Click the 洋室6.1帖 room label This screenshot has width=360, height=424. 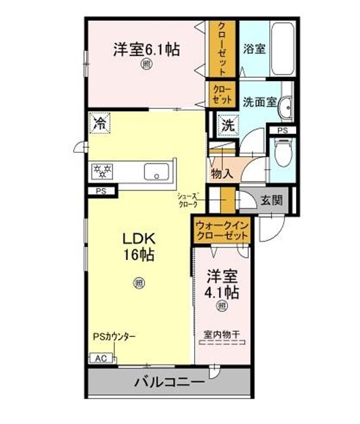point(146,50)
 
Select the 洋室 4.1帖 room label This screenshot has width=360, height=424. point(222,284)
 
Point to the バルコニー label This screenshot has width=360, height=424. point(170,382)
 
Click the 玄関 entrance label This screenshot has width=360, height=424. point(272,201)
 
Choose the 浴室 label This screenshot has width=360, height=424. point(254,49)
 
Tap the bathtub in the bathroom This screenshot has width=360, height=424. point(282,49)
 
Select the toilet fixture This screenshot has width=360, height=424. point(283,153)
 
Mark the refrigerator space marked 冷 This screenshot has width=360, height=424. point(99,123)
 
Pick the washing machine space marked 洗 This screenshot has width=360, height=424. point(228,125)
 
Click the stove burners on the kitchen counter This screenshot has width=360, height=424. point(102,171)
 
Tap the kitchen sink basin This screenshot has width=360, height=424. point(157,172)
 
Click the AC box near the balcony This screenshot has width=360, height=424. point(101,359)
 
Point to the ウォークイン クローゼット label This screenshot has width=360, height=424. point(221,231)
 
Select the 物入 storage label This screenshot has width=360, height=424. point(221,174)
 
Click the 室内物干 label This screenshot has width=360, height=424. point(221,334)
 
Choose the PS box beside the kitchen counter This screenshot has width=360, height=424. point(101,191)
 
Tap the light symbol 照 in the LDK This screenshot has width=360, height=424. point(139,283)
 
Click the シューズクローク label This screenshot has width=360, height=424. point(188,200)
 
